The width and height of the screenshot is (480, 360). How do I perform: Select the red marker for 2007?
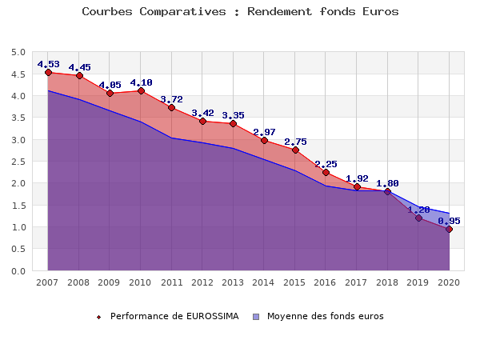point(48,73)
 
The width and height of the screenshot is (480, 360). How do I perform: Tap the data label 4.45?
point(79,67)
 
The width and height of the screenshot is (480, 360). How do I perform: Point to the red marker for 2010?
point(141,91)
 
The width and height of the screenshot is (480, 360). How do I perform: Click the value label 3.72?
point(171,99)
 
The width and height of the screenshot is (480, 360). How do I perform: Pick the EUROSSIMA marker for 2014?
point(264,141)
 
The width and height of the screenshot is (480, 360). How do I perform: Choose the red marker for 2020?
point(449,230)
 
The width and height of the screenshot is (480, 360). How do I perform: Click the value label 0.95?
point(449,221)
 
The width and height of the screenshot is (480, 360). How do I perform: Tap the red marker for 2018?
point(387,192)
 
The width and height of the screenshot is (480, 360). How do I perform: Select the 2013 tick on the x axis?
point(233,282)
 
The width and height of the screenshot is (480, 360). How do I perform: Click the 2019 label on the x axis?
point(418,282)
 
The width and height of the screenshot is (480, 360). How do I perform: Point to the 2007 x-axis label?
point(48,282)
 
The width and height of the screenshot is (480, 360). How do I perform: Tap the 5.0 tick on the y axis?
point(18,53)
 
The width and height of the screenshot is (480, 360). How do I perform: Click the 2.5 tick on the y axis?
point(18,162)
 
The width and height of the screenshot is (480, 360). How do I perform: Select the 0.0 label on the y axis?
point(18,271)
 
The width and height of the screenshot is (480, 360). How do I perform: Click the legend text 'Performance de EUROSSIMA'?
point(174,316)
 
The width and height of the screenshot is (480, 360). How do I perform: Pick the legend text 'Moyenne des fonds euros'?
point(325,316)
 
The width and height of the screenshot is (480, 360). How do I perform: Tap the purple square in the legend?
point(256,317)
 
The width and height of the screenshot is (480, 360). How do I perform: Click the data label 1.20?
point(418,210)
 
